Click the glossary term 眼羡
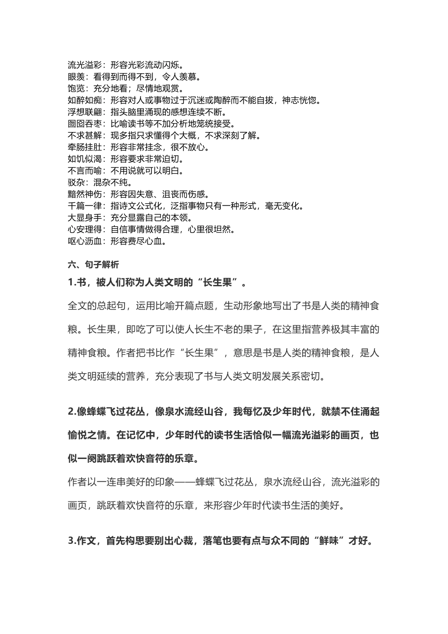tap(76, 76)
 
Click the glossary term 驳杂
tap(76, 183)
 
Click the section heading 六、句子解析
tap(93, 265)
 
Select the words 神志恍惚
tap(302, 100)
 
